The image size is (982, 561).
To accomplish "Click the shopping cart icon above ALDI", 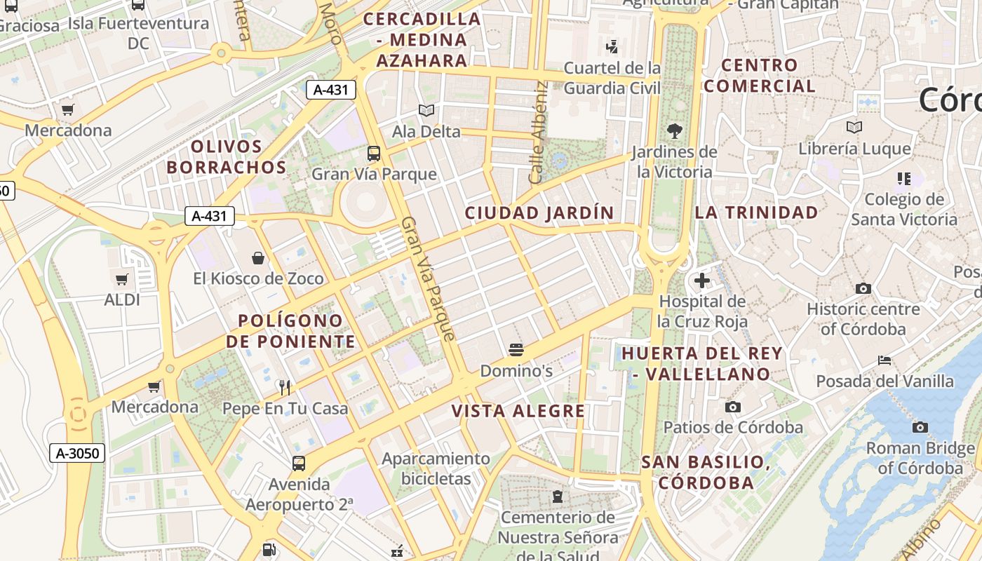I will [122, 279].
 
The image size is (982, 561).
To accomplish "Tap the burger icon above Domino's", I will [516, 349].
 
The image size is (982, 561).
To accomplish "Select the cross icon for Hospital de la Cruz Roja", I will [701, 280].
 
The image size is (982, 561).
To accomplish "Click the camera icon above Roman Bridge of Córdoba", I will [920, 427].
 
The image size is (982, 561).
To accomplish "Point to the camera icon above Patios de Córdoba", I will [733, 407].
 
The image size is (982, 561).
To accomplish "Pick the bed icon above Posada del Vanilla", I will [885, 360].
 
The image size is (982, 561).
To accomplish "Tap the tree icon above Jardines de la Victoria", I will [674, 130].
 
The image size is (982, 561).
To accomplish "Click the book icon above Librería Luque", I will [854, 127].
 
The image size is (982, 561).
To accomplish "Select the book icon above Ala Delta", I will [426, 110].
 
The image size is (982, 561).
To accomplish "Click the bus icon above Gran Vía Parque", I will [374, 153].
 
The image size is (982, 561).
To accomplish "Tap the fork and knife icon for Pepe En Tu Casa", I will [285, 387].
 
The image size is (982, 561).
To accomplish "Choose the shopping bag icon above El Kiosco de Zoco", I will [258, 257].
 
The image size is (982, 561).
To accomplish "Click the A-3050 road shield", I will [77, 453].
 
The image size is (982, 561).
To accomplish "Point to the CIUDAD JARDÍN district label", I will [539, 212].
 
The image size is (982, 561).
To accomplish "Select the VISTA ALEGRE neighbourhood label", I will [518, 411].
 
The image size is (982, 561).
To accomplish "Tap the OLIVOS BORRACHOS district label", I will [226, 157].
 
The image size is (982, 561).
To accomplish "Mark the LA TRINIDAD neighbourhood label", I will [756, 212].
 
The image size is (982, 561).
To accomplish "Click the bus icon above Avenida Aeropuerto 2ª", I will [299, 463].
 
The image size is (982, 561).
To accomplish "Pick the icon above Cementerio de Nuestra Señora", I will [558, 496].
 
